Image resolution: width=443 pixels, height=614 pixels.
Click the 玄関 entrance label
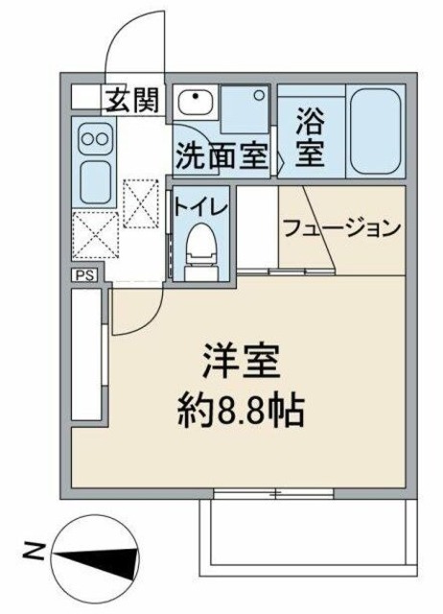click(x=132, y=98)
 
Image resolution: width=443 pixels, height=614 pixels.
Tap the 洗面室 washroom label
click(x=220, y=156)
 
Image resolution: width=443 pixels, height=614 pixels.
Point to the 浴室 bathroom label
click(x=309, y=138)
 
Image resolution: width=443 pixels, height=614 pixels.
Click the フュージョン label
click(x=339, y=228)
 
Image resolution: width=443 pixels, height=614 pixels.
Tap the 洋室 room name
click(x=241, y=364)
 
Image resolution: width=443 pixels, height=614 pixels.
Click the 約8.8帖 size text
click(x=241, y=412)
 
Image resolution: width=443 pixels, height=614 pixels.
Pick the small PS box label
click(x=84, y=275)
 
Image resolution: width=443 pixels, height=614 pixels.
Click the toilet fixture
click(x=199, y=248)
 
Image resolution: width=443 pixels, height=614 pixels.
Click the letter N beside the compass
click(x=32, y=552)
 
